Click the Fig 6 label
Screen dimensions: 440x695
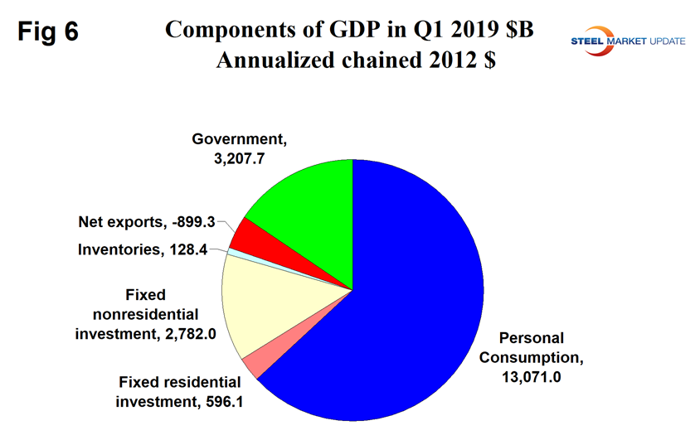(48, 32)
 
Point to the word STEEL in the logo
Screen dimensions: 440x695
(611, 39)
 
